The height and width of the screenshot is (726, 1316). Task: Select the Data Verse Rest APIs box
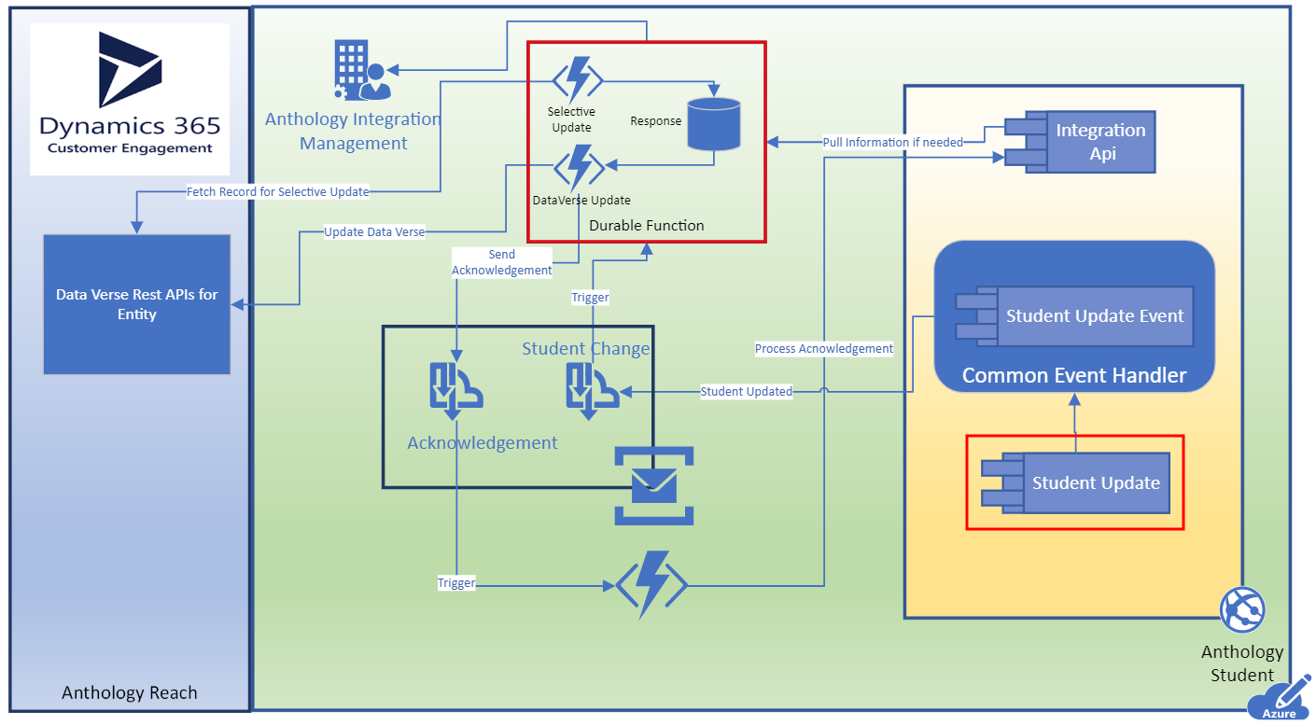137,304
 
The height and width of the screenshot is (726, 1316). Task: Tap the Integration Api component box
1080,142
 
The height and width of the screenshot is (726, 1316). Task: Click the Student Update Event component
1074,316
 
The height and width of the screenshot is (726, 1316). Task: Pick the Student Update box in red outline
1075,482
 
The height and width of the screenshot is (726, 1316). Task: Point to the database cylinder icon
714,124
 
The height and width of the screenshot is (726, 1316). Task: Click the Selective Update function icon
578,79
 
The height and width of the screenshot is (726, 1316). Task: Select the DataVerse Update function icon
579,167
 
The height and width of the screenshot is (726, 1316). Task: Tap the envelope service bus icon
654,486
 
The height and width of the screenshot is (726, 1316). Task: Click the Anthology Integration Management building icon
362,70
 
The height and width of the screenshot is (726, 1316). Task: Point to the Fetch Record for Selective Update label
278,191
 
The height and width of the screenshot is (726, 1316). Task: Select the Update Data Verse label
374,232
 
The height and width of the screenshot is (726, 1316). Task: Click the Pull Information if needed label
892,142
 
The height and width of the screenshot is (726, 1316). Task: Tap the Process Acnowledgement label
824,348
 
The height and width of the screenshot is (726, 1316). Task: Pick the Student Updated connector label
746,391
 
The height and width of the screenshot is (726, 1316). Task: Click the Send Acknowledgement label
501,262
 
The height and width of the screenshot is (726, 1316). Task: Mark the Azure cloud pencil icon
1280,699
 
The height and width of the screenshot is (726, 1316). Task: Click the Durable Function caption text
646,226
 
